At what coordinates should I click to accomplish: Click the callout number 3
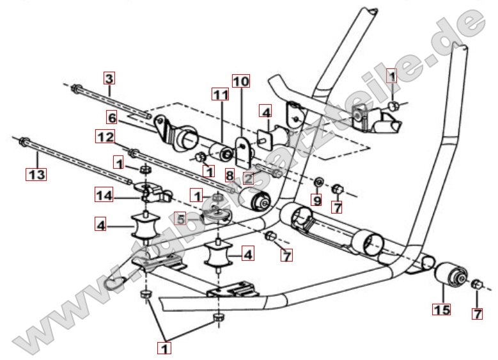click(109, 79)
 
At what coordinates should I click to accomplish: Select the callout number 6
click(112, 118)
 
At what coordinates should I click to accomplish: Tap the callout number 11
click(220, 95)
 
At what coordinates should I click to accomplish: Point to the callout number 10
click(240, 81)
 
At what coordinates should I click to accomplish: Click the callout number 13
click(35, 173)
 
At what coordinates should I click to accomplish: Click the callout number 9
click(316, 200)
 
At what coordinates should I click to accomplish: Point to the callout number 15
click(442, 310)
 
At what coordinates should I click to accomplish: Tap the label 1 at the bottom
click(166, 348)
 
